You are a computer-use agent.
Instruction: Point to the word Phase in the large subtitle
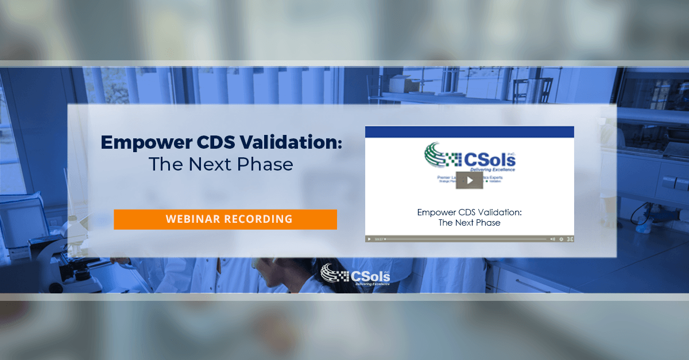point(266,164)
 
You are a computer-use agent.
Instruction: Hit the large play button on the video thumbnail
point(470,180)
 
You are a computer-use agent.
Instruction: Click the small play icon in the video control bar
point(369,239)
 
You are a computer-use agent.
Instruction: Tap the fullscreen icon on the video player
point(570,239)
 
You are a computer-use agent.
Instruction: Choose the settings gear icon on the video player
point(561,239)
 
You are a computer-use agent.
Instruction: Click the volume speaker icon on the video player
point(552,239)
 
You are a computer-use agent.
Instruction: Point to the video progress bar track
point(465,239)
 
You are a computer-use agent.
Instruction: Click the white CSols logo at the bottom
point(356,273)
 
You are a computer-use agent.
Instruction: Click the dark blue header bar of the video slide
point(470,131)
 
